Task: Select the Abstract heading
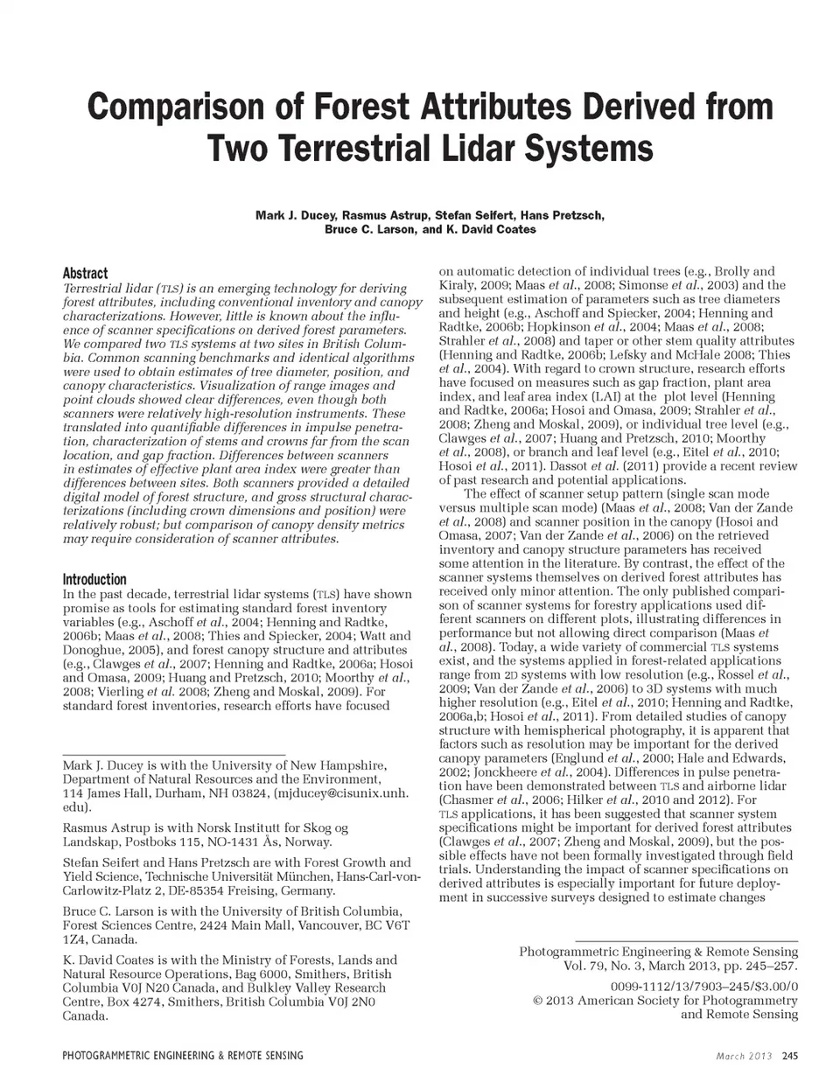(85, 273)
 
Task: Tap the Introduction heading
(94, 579)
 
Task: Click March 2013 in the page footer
(743, 1056)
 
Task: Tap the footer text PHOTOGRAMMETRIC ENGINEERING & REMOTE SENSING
(183, 1056)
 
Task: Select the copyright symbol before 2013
(537, 1000)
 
